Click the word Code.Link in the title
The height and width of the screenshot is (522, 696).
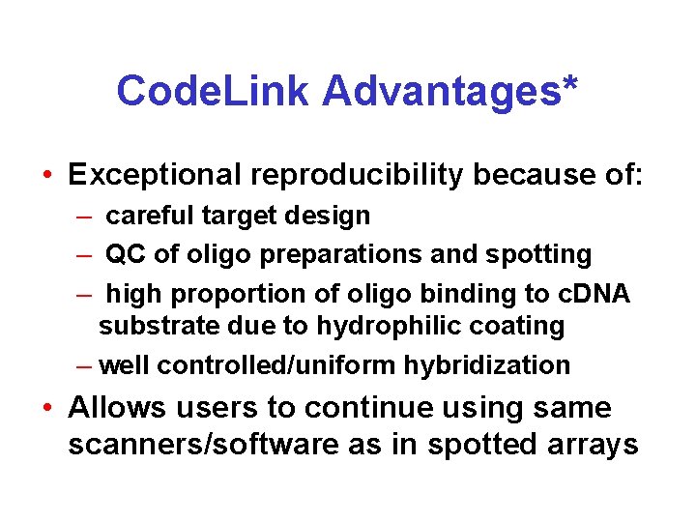(213, 91)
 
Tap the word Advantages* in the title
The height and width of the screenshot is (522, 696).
(450, 91)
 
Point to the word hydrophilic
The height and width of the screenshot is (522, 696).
(404, 326)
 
